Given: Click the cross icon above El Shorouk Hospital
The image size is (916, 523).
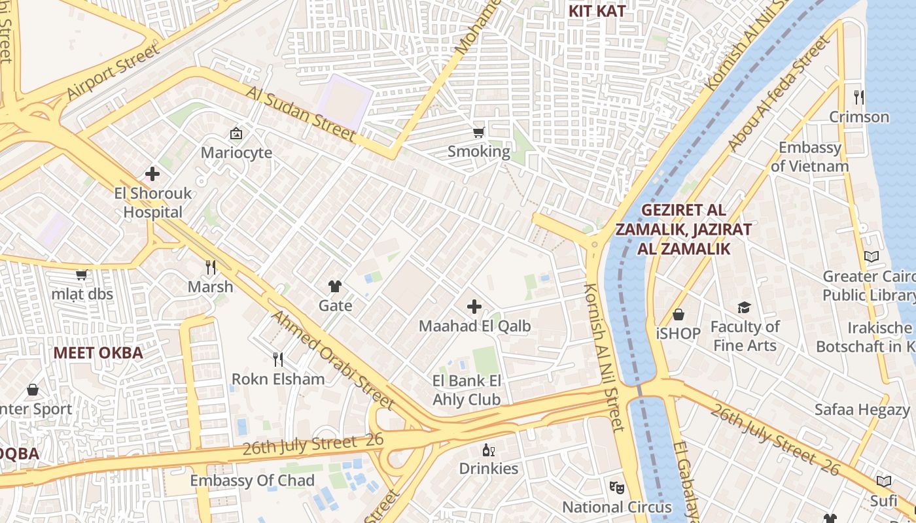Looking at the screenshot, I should [152, 174].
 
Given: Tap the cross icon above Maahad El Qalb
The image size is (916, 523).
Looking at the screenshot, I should [474, 306].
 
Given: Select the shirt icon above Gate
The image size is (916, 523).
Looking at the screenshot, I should [335, 286].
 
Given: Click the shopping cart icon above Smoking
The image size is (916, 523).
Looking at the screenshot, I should [479, 133].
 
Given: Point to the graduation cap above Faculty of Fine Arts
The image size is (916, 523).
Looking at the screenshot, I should [744, 307].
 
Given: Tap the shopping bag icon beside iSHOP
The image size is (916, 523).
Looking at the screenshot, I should [678, 314].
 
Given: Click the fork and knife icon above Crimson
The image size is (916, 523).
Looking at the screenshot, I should [859, 97].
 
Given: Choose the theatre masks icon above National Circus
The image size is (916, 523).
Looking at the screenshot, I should [616, 487].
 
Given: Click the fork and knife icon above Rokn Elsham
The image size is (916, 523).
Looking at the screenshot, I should [278, 359].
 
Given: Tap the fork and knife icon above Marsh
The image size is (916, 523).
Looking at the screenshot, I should [211, 267].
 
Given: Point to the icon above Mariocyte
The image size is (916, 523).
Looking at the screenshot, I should [236, 133].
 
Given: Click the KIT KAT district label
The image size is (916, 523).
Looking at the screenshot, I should [597, 10].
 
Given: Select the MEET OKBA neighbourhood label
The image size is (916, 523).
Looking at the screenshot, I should [97, 353].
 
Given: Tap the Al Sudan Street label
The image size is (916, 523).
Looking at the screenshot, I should [302, 112].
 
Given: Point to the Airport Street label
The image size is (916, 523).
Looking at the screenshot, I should [113, 72].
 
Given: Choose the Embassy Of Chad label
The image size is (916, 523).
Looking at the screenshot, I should [252, 481].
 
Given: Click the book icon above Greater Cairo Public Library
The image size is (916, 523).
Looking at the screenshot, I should [872, 256].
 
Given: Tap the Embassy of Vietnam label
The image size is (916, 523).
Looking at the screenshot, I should [809, 157].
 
